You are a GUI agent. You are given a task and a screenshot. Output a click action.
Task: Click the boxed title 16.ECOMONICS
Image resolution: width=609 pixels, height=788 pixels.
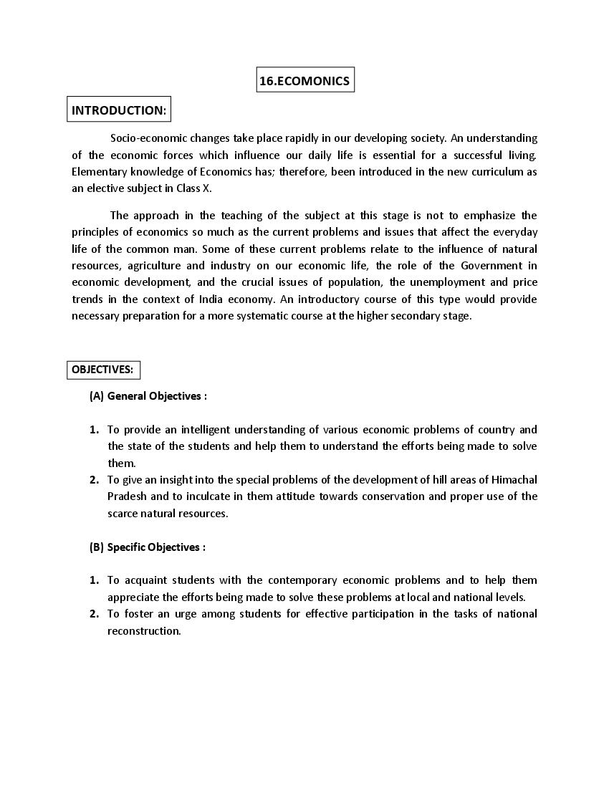[x=304, y=81]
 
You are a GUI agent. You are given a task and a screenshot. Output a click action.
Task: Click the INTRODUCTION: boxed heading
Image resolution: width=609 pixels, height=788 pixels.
[x=119, y=110]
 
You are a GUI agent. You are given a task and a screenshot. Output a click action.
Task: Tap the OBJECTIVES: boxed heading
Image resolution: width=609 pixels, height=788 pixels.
[x=102, y=370]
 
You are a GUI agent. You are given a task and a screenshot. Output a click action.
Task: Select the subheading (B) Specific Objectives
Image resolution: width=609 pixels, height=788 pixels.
[x=148, y=547]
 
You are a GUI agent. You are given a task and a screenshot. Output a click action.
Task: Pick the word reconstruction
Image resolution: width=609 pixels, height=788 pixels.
[x=143, y=631]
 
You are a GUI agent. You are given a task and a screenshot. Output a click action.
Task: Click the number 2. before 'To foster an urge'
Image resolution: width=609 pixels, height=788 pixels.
[x=94, y=614]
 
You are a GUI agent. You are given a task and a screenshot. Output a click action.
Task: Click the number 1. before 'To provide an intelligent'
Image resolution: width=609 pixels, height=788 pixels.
[x=94, y=430]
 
